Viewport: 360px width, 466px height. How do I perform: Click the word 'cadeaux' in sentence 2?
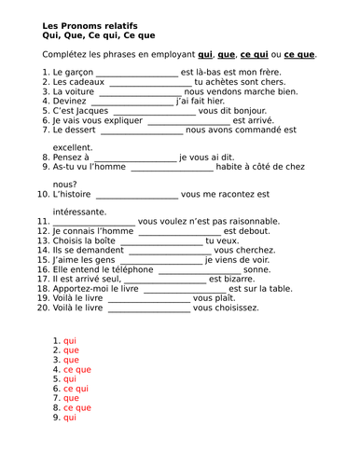tap(87, 82)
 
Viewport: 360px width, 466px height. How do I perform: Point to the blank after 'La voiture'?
tap(137, 93)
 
